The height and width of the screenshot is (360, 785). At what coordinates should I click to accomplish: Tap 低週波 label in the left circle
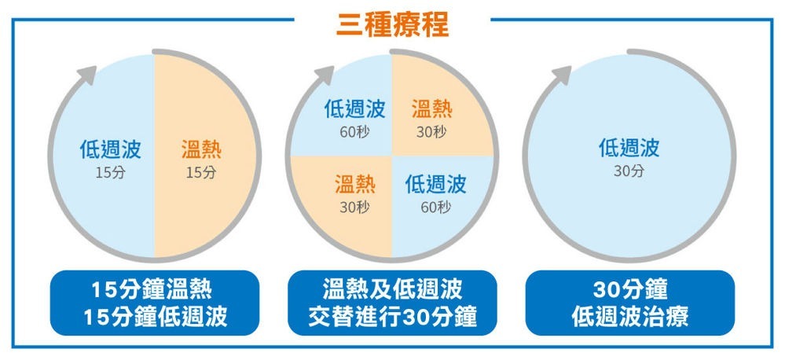tap(110, 149)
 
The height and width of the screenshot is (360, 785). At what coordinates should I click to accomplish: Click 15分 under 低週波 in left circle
tap(110, 172)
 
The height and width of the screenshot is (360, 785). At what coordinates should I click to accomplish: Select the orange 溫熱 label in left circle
tap(201, 149)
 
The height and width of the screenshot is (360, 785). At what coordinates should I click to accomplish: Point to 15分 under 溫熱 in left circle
tap(201, 172)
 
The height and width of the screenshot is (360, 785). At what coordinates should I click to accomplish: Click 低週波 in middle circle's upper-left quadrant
tap(354, 108)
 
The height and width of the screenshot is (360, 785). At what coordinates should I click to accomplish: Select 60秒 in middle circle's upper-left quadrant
tap(354, 132)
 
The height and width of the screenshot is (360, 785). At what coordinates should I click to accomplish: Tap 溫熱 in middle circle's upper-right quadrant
tap(431, 108)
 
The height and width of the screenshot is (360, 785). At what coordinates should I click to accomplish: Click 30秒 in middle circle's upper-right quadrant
tap(431, 132)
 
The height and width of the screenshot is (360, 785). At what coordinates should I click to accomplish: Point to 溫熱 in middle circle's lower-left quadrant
tap(354, 184)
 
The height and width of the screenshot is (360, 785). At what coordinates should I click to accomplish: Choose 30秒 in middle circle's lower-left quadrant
tap(354, 207)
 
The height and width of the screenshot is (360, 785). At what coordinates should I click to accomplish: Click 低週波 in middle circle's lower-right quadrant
tap(435, 184)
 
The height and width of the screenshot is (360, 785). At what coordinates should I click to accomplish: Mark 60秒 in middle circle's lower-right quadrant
tap(435, 207)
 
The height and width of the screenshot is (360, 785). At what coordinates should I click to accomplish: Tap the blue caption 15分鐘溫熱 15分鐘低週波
tap(154, 303)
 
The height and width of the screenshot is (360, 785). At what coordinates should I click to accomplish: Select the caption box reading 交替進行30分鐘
tap(392, 303)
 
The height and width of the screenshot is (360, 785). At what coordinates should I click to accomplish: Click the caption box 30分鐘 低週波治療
tap(629, 303)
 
